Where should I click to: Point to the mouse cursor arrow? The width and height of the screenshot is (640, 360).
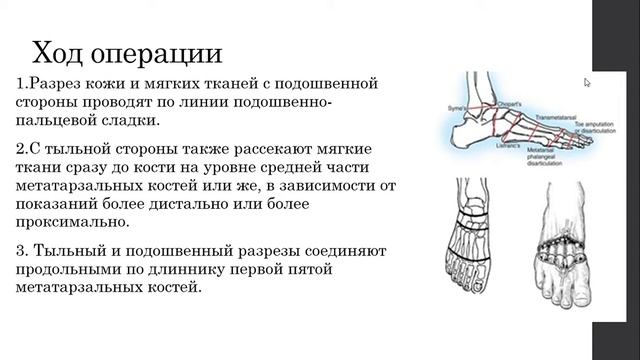(588, 83)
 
